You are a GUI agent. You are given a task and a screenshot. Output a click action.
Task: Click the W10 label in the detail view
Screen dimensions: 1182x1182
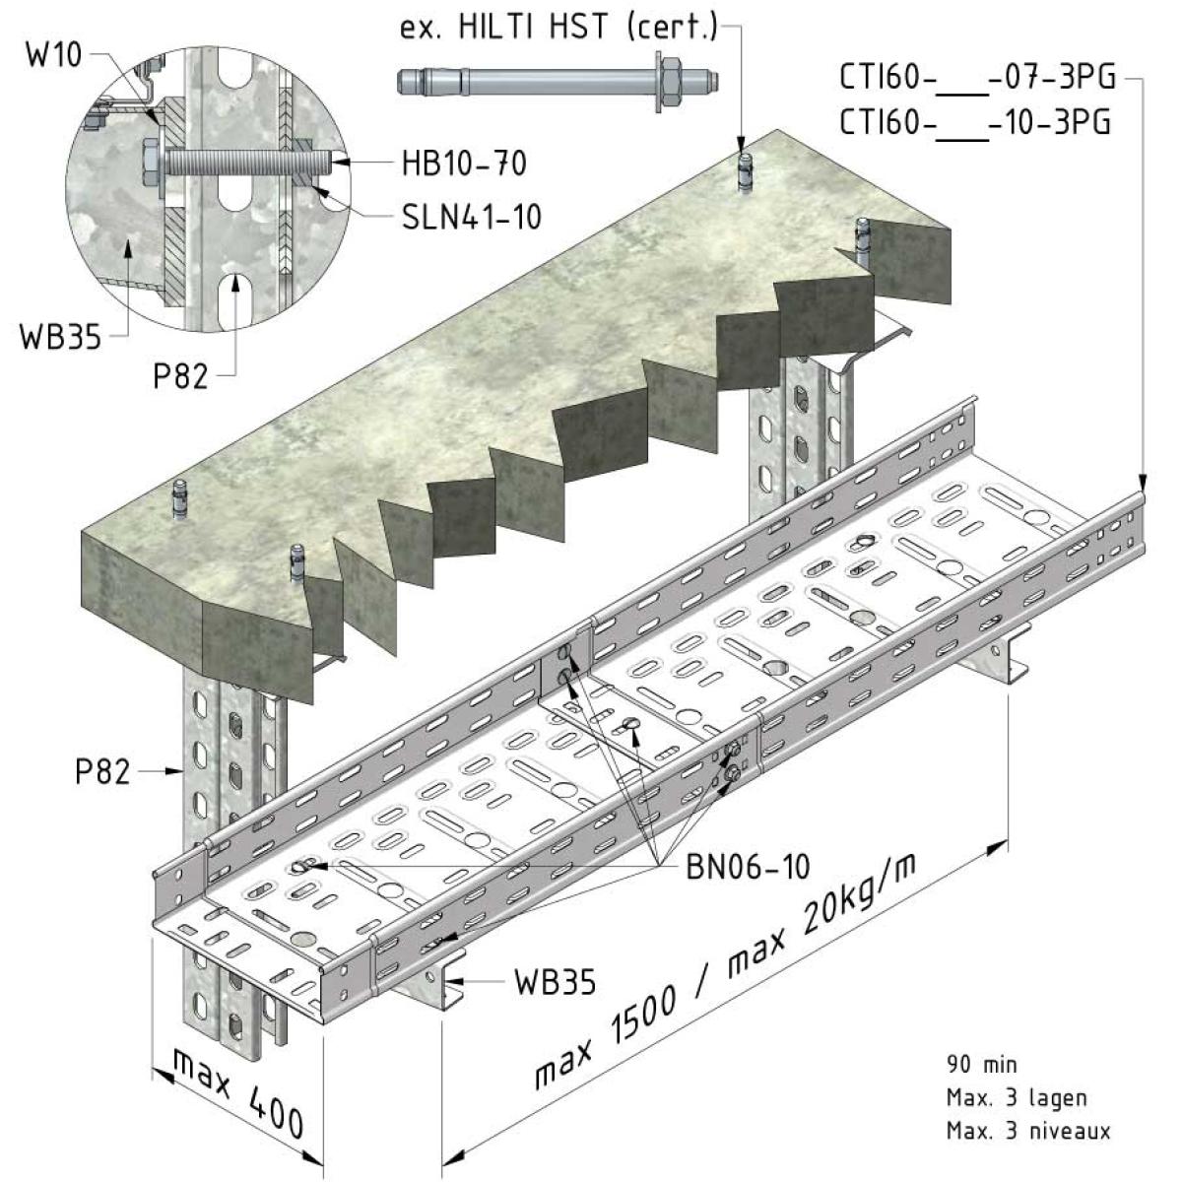[54, 56]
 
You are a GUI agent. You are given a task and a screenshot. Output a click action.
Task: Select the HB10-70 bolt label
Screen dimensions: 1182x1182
[464, 164]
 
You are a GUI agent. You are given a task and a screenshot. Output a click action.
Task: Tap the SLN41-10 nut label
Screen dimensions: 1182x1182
[472, 217]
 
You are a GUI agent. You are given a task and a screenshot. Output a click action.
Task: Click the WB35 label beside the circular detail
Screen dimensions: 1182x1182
[61, 338]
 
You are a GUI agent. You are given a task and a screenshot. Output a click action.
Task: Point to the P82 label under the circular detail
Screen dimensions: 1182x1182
[180, 376]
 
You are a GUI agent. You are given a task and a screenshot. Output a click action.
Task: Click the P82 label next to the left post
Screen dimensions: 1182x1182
[102, 771]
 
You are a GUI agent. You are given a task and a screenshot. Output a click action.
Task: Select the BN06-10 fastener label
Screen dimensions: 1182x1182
[748, 867]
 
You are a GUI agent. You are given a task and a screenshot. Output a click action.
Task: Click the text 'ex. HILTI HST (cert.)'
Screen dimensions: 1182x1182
[558, 28]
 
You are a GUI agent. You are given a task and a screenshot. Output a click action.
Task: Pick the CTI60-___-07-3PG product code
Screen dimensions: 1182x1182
[977, 79]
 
